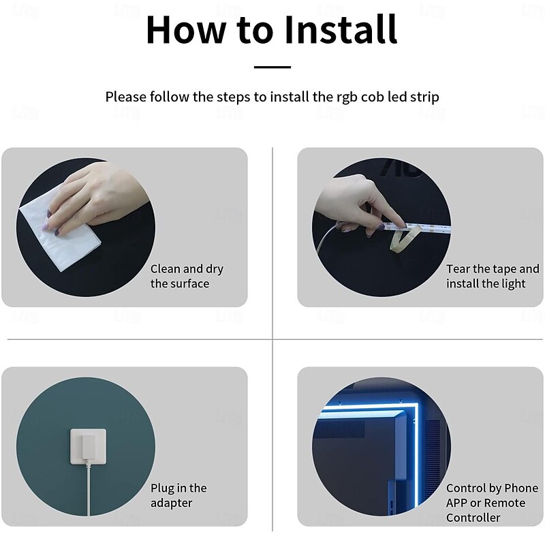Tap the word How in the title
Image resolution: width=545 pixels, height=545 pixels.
185,29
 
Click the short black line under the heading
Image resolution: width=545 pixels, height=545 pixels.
272,67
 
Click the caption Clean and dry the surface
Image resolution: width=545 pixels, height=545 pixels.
187,276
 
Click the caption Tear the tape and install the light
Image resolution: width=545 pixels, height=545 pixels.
493,276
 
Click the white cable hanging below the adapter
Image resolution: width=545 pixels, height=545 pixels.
89,488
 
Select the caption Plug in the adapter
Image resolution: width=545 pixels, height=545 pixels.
178,495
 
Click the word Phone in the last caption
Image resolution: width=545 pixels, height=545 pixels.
521,488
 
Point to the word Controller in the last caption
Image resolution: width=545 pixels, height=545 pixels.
473,518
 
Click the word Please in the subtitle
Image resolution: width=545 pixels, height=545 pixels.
126,97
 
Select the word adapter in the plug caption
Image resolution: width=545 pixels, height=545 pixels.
171,503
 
